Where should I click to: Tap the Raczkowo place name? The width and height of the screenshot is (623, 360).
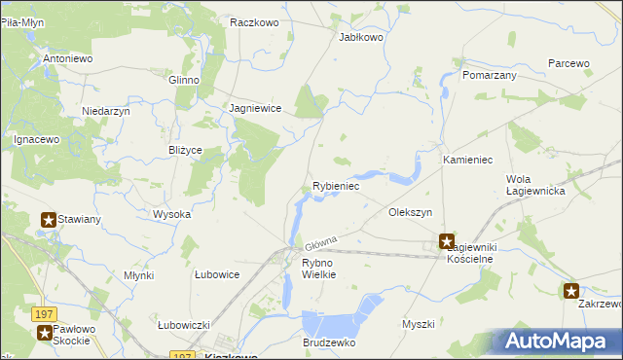pos(255,21)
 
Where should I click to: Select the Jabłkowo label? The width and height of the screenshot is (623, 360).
pos(360,37)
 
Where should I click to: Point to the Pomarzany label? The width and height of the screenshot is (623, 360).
pos(490,75)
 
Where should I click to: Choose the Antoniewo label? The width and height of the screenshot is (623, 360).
pos(67,59)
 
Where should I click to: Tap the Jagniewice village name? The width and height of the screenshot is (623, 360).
pos(255,109)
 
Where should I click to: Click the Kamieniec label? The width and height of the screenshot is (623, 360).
pos(470,159)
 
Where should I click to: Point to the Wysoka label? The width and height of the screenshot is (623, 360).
pos(171,214)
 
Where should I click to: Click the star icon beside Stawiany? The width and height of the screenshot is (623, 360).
pos(48,220)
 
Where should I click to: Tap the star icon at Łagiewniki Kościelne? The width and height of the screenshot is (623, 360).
pos(447,241)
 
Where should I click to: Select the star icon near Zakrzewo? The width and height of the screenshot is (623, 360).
pos(571,290)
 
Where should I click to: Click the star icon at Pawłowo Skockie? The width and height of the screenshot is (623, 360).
pos(45,333)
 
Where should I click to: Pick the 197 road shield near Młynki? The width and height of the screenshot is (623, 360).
pos(42,314)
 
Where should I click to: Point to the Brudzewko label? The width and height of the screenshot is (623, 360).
pos(330,343)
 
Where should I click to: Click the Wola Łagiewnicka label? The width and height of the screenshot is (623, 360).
pos(535,185)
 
